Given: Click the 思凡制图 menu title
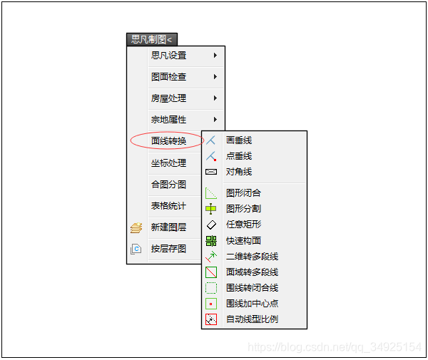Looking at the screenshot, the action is tap(151, 40).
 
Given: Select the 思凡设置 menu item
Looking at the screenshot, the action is tap(168, 56).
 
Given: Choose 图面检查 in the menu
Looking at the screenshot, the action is tap(168, 77).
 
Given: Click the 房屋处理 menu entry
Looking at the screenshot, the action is tap(168, 98).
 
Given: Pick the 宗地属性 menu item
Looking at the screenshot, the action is tap(168, 120).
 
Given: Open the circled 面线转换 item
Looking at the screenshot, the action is tap(168, 141).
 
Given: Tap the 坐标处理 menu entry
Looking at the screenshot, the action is tap(168, 163).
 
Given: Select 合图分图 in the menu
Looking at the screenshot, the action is tap(168, 185).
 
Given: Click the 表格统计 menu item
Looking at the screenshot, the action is tap(168, 206).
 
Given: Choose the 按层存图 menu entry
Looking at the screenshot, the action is tap(168, 249).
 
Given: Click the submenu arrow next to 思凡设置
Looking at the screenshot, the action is tap(215, 55).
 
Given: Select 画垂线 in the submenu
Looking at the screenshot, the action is tap(239, 140).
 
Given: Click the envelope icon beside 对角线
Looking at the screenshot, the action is tap(211, 172).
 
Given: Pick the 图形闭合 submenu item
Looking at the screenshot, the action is tap(243, 193).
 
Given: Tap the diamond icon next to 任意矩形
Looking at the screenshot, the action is tap(211, 225).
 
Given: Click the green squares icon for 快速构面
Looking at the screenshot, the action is tap(211, 241).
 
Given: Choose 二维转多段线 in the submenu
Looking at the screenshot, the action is tap(252, 257).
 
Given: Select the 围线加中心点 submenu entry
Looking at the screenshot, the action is tap(252, 304).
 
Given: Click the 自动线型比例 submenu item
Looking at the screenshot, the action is tap(252, 319).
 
